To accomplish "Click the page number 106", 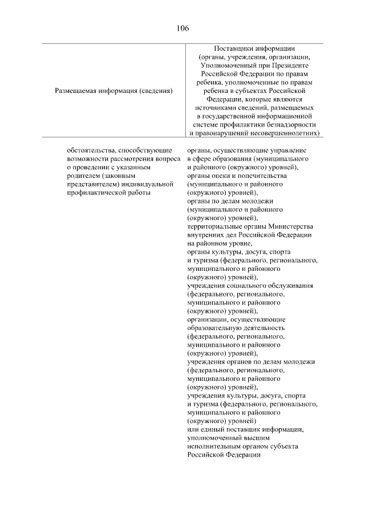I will click(x=182, y=27).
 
